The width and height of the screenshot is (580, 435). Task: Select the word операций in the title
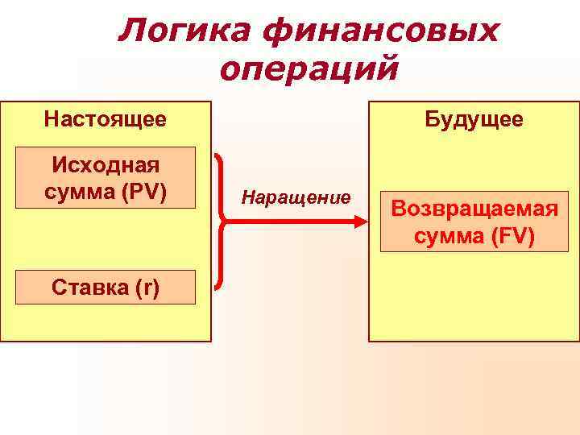pos(309,69)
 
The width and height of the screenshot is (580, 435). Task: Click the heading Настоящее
pos(106,120)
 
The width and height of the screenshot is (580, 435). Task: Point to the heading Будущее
pos(474,120)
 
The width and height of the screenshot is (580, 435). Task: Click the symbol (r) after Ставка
pos(147,288)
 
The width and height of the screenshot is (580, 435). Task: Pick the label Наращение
pos(296,197)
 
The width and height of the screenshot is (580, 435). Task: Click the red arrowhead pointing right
pos(361,222)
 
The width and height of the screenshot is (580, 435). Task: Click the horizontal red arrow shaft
pos(290,222)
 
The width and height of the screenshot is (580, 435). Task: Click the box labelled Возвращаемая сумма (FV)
pos(474,222)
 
